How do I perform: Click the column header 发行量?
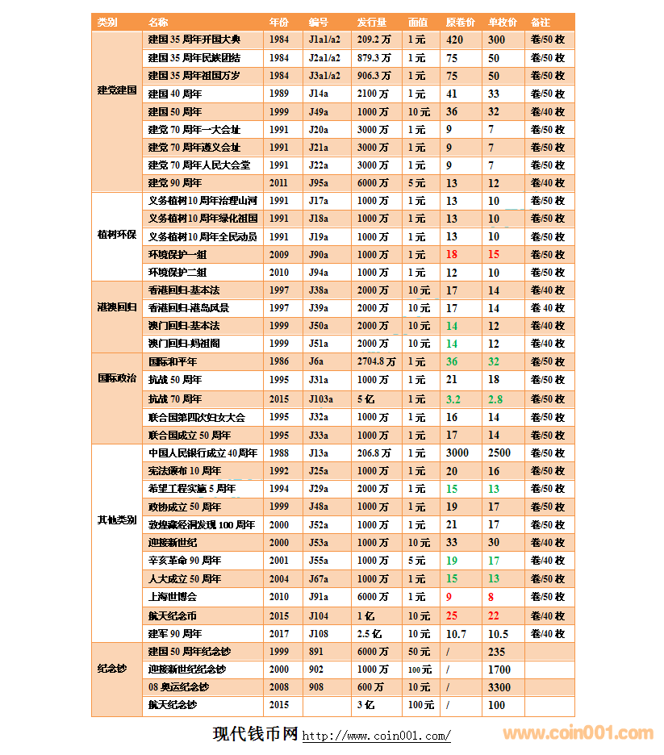coord(371,22)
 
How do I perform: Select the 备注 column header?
coord(541,22)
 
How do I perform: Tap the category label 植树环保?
coord(117,236)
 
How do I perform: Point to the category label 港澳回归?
coord(117,307)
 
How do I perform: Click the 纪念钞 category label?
coord(112,669)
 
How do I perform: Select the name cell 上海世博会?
coord(173,597)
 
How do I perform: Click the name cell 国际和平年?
coord(173,362)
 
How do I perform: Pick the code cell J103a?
coord(321,399)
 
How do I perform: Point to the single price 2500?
coord(499,453)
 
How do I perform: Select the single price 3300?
coord(499,687)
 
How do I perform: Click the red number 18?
coord(452,254)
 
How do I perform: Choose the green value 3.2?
coord(453,399)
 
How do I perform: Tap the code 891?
coord(316,652)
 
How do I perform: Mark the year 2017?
coord(279,634)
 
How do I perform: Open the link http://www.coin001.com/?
coord(376,736)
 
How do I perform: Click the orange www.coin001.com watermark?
coord(578,733)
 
